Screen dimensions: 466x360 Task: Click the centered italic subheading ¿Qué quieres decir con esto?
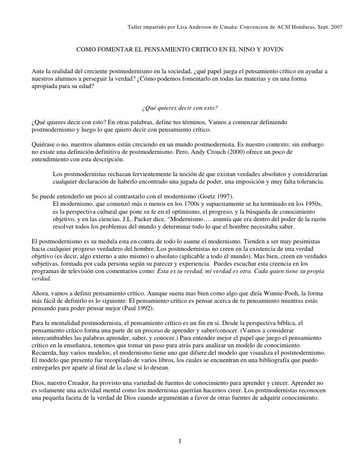click(x=180, y=108)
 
